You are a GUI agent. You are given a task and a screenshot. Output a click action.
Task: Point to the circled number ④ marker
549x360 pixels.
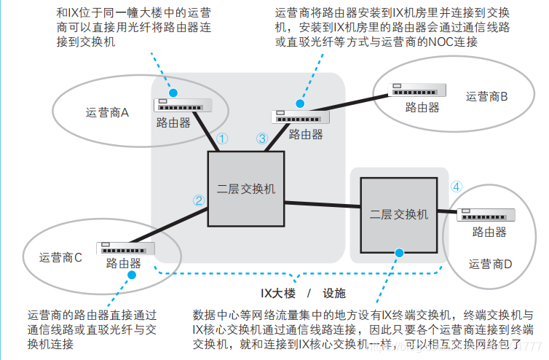pyautogui.click(x=457, y=186)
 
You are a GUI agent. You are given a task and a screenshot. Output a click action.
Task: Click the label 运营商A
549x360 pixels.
pyautogui.click(x=107, y=113)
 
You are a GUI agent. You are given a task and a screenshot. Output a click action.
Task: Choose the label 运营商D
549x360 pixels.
pyautogui.click(x=491, y=264)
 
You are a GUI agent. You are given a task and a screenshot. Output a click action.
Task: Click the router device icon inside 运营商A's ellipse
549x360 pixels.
pyautogui.click(x=182, y=105)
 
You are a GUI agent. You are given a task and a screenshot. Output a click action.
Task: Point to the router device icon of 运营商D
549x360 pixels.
pyautogui.click(x=487, y=214)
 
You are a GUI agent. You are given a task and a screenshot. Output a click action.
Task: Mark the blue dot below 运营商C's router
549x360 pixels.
pyautogui.click(x=133, y=275)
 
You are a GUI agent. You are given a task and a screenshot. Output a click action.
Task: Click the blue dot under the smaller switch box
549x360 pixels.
pyautogui.click(x=398, y=253)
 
